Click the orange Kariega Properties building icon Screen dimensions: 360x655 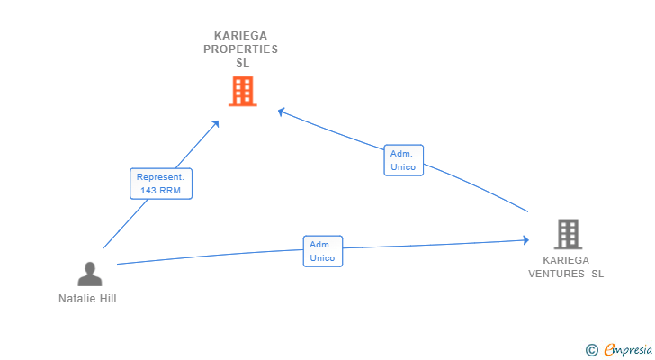pos(242,91)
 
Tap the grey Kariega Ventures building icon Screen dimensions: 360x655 pos(567,234)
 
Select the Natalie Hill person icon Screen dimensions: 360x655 pos(89,274)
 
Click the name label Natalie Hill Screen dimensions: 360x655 pos(87,299)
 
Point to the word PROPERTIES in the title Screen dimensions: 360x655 pos(240,49)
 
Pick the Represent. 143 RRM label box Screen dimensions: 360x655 pos(160,184)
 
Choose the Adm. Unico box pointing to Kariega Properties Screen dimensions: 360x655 pos(402,160)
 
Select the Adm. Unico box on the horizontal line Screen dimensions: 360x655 pos(322,251)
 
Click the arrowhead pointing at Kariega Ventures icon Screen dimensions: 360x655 pos(525,240)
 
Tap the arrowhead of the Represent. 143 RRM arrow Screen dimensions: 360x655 pos(216,123)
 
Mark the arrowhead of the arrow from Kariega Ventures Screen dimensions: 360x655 pos(282,112)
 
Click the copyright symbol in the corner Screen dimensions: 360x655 pos(591,349)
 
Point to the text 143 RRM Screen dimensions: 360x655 pos(160,191)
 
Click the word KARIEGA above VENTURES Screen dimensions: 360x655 pos(566,260)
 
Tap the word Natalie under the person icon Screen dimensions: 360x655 pos(76,299)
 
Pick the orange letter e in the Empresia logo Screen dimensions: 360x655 pos(609,349)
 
